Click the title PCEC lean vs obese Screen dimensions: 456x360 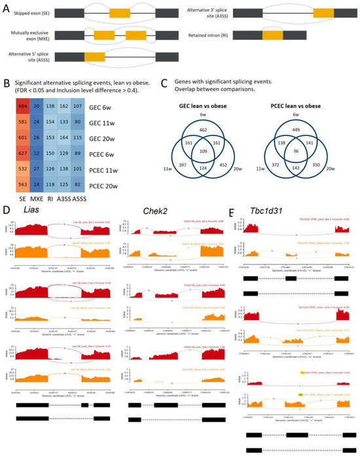tap(298, 104)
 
